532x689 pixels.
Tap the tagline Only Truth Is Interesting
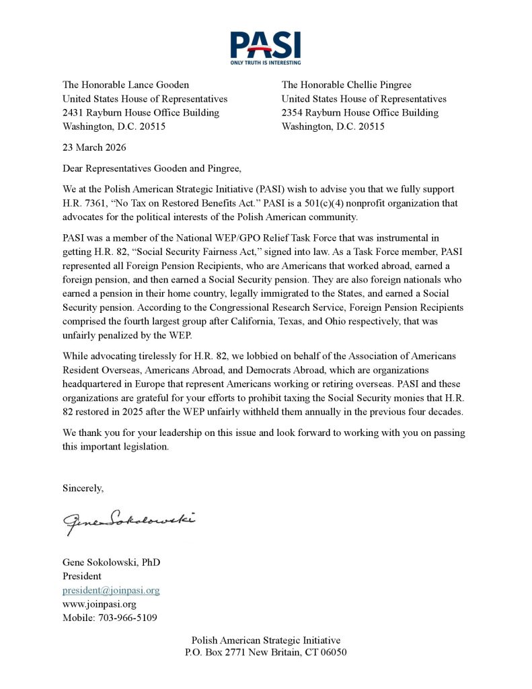[265, 62]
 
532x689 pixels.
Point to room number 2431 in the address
[74, 112]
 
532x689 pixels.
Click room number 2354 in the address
[293, 112]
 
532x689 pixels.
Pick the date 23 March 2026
[94, 147]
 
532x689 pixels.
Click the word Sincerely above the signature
[83, 487]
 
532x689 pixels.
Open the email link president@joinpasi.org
[111, 590]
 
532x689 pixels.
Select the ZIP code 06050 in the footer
[332, 653]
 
